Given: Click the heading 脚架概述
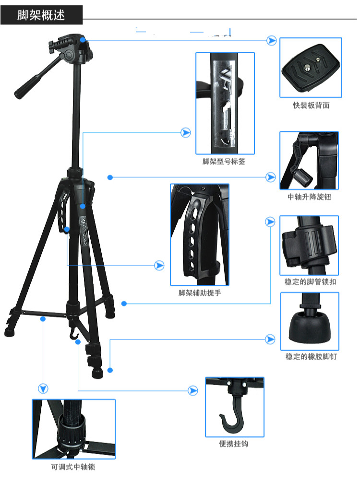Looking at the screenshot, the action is pyautogui.click(x=41, y=15).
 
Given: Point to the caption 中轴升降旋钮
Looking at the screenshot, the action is pyautogui.click(x=309, y=197).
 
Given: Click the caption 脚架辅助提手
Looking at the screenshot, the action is pyautogui.click(x=199, y=293).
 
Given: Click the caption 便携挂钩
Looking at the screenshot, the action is pyautogui.click(x=234, y=444).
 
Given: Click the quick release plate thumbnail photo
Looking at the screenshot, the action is pyautogui.click(x=311, y=68).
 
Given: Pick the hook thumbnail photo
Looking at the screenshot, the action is pyautogui.click(x=234, y=407).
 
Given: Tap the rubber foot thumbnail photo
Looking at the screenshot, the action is pyautogui.click(x=310, y=322).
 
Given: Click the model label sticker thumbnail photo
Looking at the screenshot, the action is pyautogui.click(x=224, y=103).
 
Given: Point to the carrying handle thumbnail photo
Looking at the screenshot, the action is pyautogui.click(x=199, y=235).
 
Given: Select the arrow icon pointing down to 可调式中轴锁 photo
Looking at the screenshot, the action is pyautogui.click(x=44, y=387).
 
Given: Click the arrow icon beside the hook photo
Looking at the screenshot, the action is pyautogui.click(x=193, y=391).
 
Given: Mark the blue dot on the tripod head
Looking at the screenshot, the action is pyautogui.click(x=83, y=40).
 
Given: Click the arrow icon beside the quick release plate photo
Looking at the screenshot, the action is pyautogui.click(x=272, y=41).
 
